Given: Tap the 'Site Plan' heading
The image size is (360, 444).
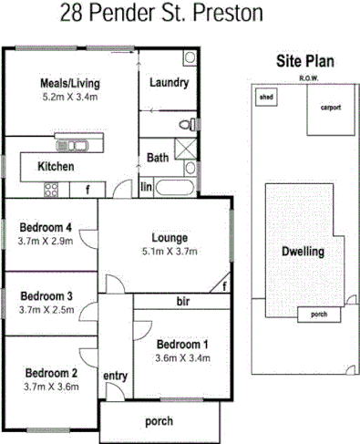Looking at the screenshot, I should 304,62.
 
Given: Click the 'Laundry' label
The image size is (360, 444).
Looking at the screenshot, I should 167,83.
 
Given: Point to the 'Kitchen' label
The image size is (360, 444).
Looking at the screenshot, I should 55,168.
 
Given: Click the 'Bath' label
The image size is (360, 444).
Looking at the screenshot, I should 158,158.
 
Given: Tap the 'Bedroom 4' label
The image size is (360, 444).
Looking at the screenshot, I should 46,228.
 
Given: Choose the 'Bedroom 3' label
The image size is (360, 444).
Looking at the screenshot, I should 46,296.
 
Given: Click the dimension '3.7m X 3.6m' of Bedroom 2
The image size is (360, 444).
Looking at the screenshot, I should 51,387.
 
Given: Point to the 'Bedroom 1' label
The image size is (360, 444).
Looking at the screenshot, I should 182,345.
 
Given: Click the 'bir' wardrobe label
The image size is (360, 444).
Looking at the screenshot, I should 182,300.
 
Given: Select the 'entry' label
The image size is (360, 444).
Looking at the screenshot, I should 115,377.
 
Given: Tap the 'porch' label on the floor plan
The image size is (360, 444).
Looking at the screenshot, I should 159,421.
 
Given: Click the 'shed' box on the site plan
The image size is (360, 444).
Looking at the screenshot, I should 267,96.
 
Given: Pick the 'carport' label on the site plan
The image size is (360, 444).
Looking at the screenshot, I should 330,107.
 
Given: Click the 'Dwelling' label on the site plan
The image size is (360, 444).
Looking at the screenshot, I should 302,251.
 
